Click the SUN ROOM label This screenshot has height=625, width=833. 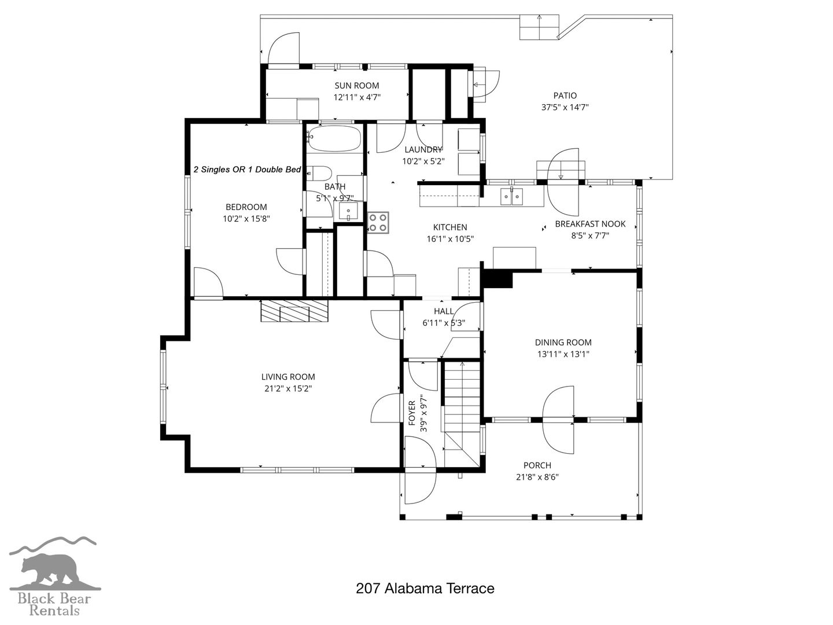tap(356, 86)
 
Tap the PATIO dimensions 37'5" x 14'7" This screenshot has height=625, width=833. tap(565, 107)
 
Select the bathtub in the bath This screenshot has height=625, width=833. tap(334, 138)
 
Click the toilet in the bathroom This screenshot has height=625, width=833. tap(319, 174)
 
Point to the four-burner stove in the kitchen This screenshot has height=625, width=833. tap(378, 222)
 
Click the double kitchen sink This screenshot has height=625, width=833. tap(511, 196)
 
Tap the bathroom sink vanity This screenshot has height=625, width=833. tap(348, 212)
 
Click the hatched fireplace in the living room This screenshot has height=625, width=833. tap(294, 311)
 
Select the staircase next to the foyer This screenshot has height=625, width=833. tap(462, 414)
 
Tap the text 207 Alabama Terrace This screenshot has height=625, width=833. tap(425, 589)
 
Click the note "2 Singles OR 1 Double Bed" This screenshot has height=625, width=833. tap(247, 170)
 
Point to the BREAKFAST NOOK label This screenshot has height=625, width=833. tap(590, 224)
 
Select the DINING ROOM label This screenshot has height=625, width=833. tap(563, 342)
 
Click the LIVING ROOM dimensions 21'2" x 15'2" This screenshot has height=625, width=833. tap(288, 388)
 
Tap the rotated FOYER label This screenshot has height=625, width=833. tap(412, 413)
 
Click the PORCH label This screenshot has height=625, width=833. tap(537, 465)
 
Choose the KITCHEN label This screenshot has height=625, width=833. tap(450, 227)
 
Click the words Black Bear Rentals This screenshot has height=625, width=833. tap(54, 605)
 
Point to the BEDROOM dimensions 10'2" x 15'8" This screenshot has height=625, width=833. tap(246, 219)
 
